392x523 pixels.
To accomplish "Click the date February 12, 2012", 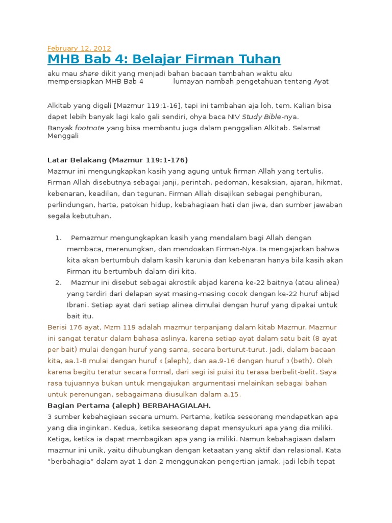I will pyautogui.click(x=79, y=49).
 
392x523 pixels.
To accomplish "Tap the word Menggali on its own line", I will pyautogui.click(x=63, y=136).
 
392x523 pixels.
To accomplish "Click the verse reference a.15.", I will pyautogui.click(x=231, y=394).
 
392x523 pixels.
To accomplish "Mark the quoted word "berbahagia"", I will pyautogui.click(x=71, y=462).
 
